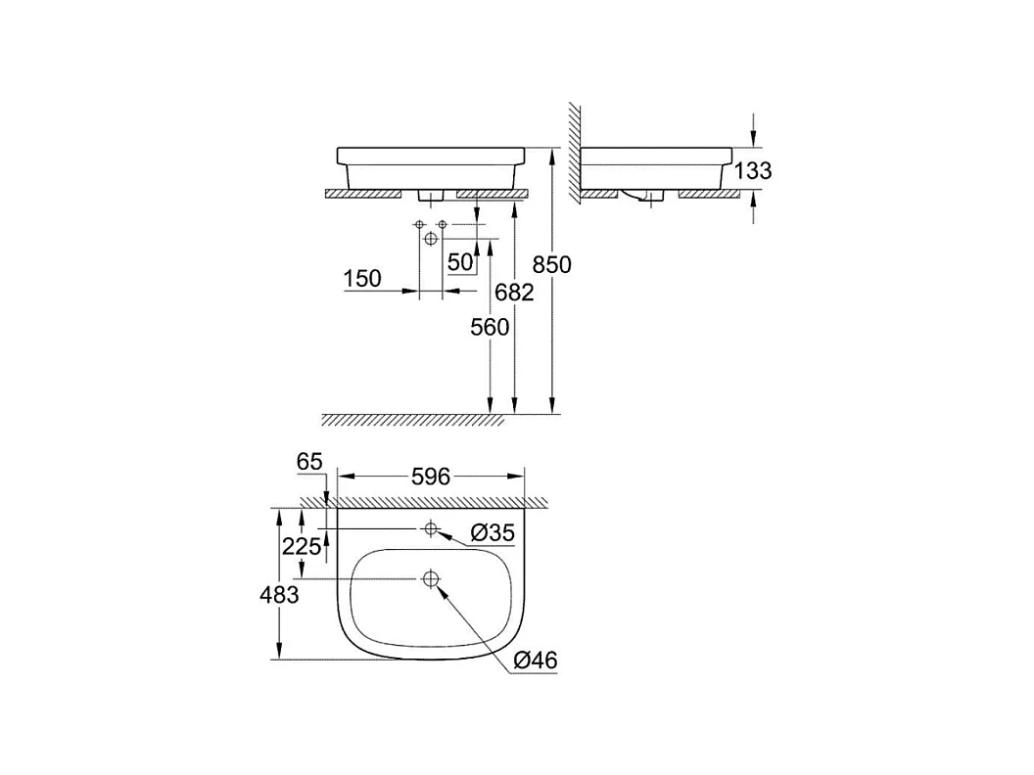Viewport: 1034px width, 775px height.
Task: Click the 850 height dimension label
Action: point(551,264)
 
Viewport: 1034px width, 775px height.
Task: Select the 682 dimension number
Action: point(514,292)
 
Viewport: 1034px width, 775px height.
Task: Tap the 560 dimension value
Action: point(490,327)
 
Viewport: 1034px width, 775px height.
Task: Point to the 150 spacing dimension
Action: point(362,279)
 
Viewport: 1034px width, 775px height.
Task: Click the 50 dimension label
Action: point(460,262)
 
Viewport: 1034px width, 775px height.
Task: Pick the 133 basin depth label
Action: point(752,171)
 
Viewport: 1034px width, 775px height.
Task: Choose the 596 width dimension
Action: point(430,477)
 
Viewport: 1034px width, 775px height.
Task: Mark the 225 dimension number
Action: point(302,547)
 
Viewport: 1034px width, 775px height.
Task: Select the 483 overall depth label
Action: point(279,593)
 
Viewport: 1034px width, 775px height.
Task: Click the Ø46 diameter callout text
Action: point(535,661)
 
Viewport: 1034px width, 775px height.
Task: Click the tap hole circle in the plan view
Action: point(430,529)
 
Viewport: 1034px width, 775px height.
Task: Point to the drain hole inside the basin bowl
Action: point(430,579)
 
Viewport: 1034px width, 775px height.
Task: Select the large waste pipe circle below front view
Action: point(430,239)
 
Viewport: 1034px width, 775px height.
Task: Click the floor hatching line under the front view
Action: point(411,420)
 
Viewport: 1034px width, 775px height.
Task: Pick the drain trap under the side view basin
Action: point(641,198)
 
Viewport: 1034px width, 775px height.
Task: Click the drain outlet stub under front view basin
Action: point(431,196)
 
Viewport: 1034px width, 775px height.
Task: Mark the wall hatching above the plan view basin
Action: point(431,502)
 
